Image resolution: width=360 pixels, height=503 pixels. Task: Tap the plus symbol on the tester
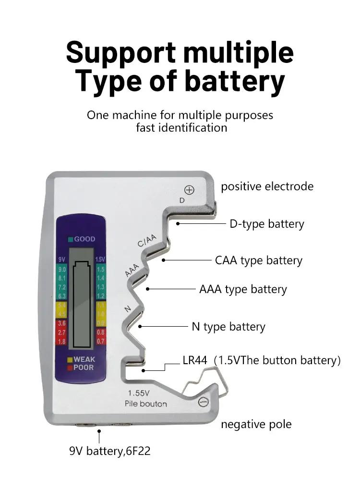tap(190, 190)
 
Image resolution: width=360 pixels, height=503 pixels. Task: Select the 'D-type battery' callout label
tap(266, 224)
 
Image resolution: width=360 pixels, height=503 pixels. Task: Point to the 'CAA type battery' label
tap(259, 260)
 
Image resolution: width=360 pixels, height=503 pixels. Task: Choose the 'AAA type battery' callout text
tap(243, 289)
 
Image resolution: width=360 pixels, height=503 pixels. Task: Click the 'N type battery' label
tap(228, 327)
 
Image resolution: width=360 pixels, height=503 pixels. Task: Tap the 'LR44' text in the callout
tap(194, 360)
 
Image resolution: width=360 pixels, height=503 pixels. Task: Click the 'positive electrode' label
tap(267, 186)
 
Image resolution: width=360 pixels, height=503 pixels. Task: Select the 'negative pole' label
tap(256, 424)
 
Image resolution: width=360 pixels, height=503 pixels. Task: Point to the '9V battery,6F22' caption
tap(110, 451)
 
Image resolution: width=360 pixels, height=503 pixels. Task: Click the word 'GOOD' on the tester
tap(84, 239)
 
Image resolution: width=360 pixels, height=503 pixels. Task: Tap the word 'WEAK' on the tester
tap(84, 359)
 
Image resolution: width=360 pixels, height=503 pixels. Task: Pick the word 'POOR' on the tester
tap(84, 368)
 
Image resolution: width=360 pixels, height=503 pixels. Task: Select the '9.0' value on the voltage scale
tap(62, 270)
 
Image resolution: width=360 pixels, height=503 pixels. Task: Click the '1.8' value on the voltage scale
tap(62, 342)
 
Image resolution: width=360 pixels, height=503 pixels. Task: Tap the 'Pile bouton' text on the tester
tap(145, 404)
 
